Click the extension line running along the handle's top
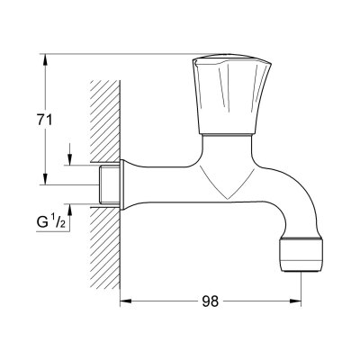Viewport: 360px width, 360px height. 126,52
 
